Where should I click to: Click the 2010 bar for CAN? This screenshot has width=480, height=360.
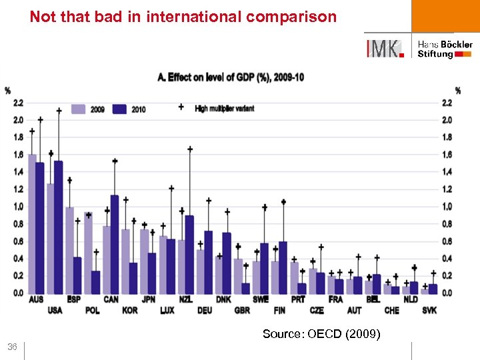(x=115, y=244)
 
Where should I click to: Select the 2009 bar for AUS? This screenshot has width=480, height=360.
(x=32, y=223)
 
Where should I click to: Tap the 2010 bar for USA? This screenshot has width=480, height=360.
(x=59, y=227)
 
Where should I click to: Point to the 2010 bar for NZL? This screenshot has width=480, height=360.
(x=189, y=254)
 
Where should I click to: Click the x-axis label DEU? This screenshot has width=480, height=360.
(x=204, y=309)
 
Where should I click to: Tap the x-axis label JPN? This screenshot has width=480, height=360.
(x=148, y=299)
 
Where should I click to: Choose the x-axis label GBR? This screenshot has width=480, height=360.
(x=242, y=309)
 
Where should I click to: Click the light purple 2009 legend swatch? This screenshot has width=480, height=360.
(x=79, y=109)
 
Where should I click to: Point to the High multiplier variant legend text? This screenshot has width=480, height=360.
(x=224, y=108)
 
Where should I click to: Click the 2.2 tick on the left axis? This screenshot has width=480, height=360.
(x=18, y=103)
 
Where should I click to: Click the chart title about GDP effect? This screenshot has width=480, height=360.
(x=231, y=78)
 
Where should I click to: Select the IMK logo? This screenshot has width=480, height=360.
(x=385, y=49)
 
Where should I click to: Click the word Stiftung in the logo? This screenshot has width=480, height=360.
(x=435, y=54)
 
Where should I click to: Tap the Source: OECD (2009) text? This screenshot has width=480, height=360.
(x=321, y=334)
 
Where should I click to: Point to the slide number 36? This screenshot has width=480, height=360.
(x=12, y=347)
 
